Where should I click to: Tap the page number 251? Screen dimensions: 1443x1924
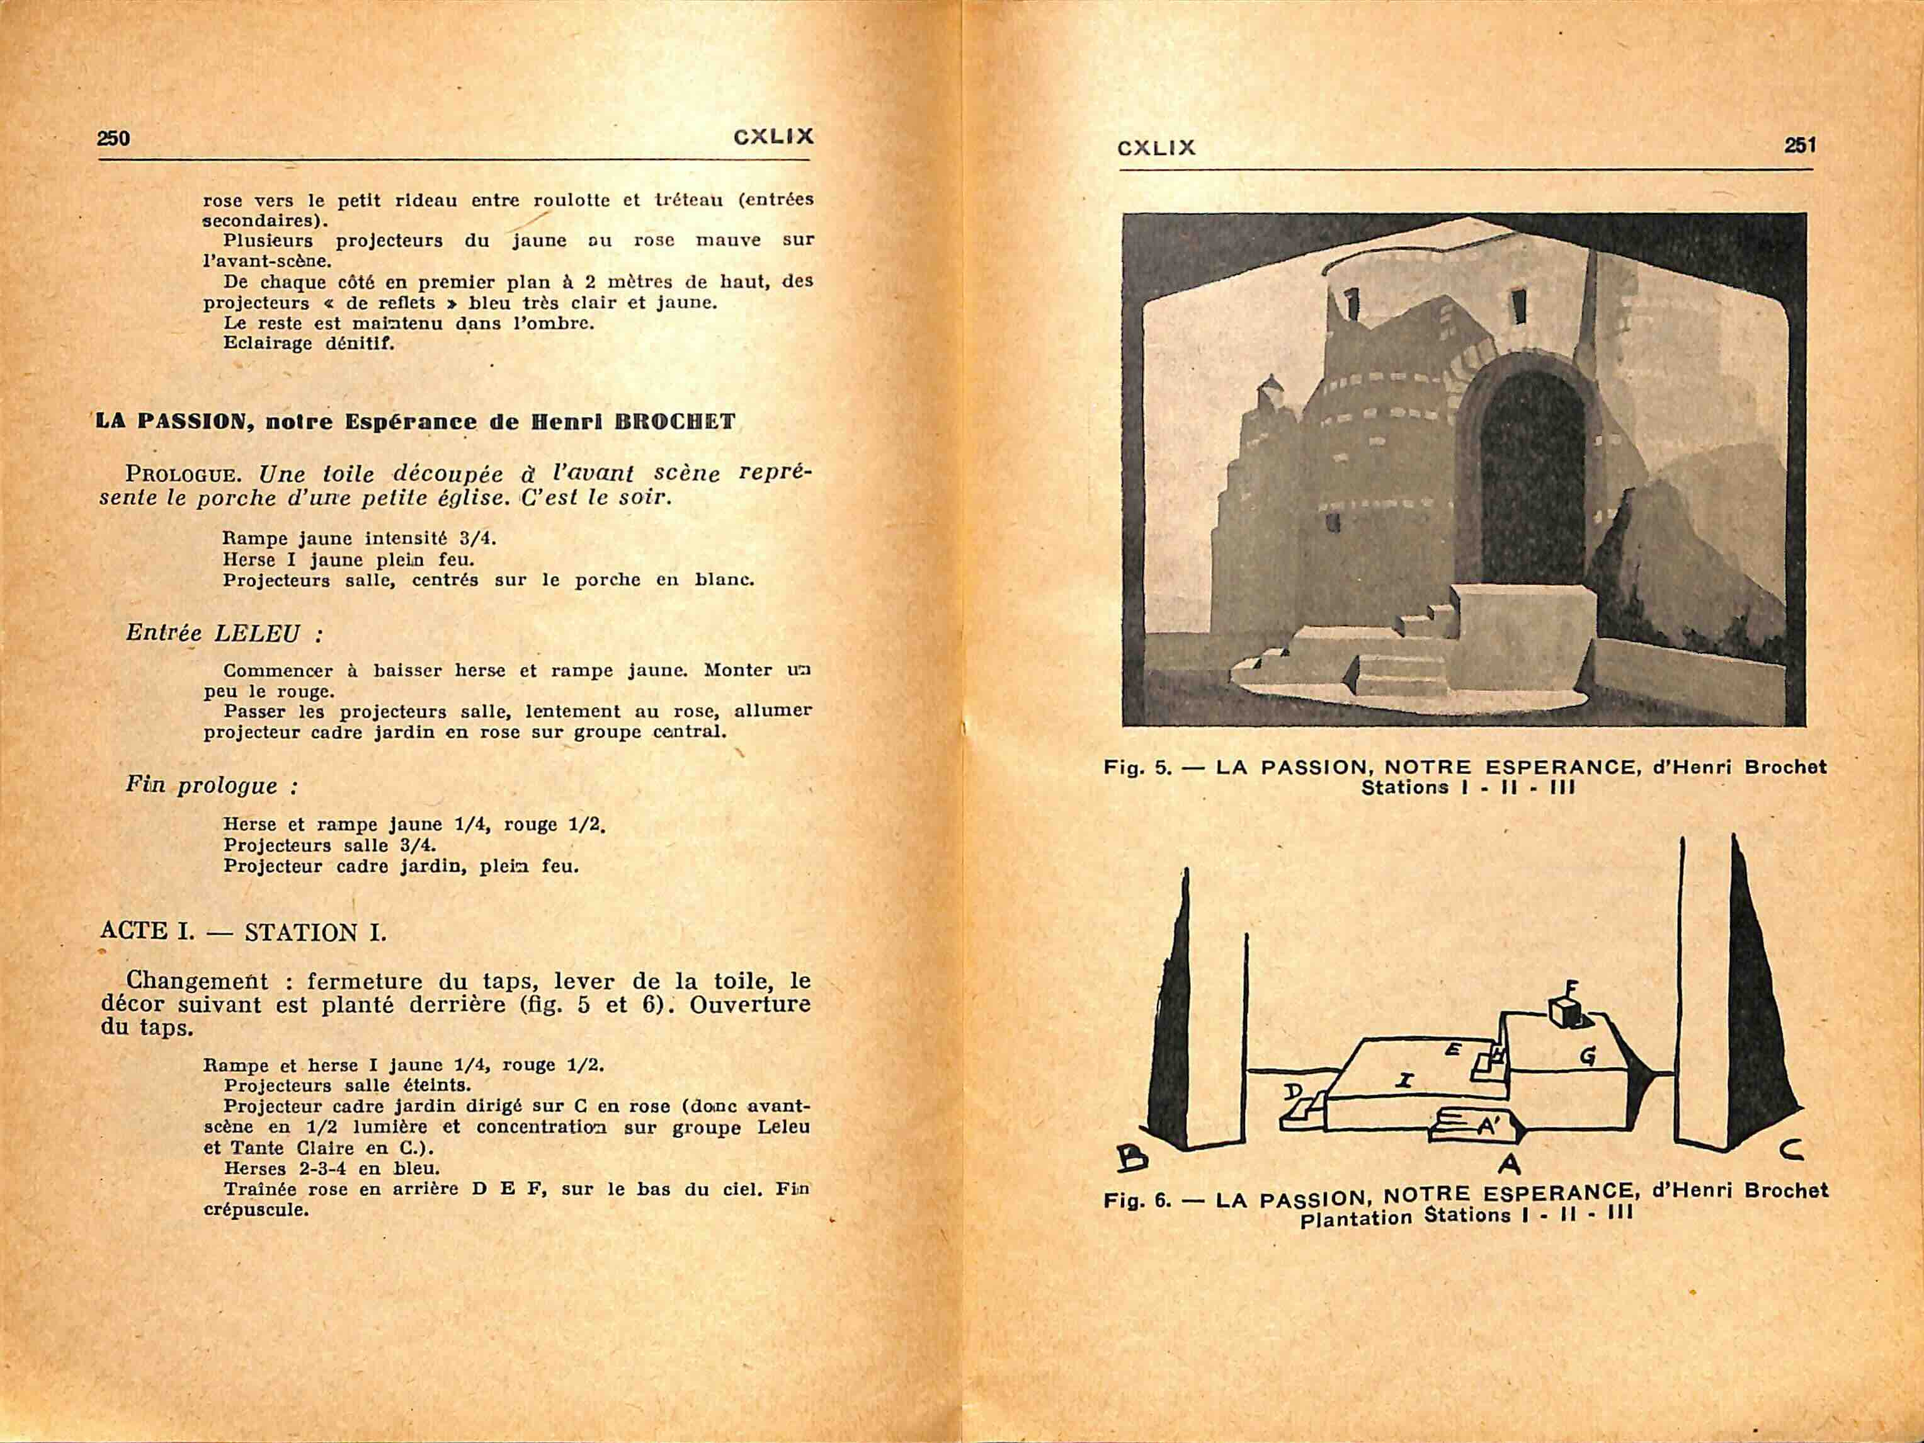point(1800,145)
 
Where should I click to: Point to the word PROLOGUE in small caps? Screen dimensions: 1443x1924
point(178,475)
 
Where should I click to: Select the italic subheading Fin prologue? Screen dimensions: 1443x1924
point(212,786)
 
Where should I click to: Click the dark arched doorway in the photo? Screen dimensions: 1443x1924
point(1533,487)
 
